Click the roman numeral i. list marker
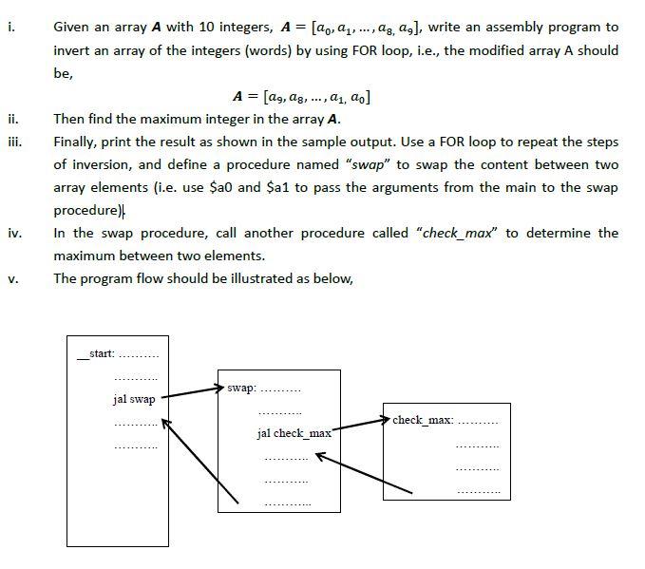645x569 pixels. [10, 28]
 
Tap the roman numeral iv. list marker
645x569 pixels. [12, 234]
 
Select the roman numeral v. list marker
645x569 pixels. [11, 278]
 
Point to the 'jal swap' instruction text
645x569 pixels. [134, 399]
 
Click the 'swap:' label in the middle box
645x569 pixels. [241, 389]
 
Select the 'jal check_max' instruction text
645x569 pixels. [294, 433]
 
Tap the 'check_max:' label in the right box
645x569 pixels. [421, 419]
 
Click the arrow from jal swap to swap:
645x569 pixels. [190, 392]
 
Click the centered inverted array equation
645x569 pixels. [302, 97]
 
